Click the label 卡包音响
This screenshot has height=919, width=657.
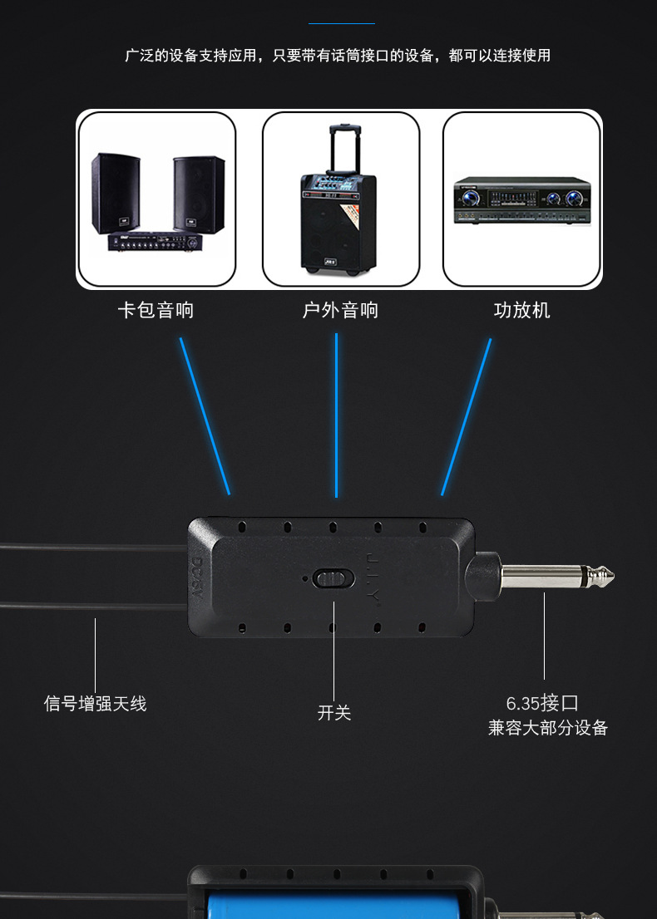[156, 311]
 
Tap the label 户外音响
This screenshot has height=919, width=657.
[339, 311]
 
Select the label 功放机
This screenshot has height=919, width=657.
[521, 311]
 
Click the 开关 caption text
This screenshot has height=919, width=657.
[334, 713]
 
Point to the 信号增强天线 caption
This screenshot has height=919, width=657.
[95, 704]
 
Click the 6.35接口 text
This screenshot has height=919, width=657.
[541, 703]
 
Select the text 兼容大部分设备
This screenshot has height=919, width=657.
[547, 729]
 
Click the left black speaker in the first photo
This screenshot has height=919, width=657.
[116, 193]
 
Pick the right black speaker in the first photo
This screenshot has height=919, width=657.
[199, 193]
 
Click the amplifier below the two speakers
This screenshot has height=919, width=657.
[156, 243]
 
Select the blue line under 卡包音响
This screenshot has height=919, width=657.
[205, 415]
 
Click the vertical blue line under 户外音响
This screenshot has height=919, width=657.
[336, 415]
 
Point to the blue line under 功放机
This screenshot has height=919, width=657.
[466, 415]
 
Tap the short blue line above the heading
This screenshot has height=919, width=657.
[342, 23]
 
